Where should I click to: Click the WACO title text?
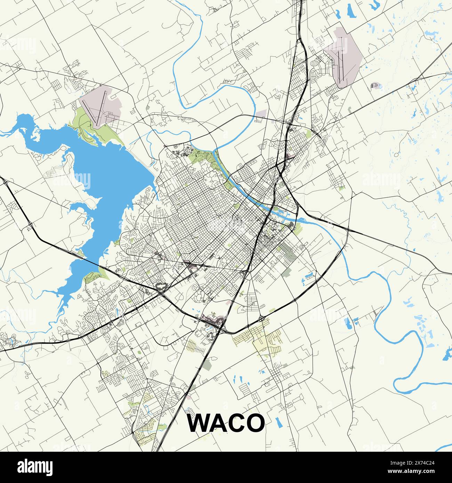(x=226, y=423)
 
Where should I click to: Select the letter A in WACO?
(x=219, y=423)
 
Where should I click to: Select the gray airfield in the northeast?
(x=344, y=56)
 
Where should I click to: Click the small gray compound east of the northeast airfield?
(x=374, y=85)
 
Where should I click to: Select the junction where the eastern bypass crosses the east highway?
(x=348, y=231)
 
